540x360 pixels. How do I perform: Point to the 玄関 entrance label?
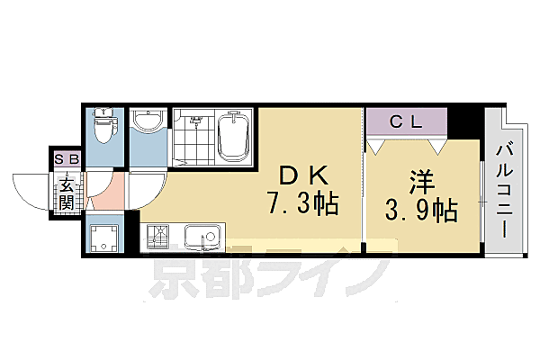click(x=67, y=194)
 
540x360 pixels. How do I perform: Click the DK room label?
click(x=300, y=175)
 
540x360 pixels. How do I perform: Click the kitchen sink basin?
click(x=204, y=239)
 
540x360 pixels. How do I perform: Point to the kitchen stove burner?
click(x=160, y=239)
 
